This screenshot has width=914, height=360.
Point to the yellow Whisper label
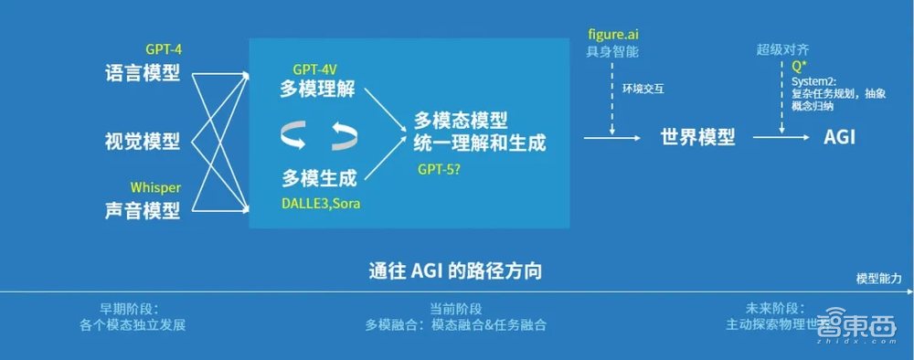tap(156, 187)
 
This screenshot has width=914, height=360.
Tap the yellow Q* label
tap(798, 67)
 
